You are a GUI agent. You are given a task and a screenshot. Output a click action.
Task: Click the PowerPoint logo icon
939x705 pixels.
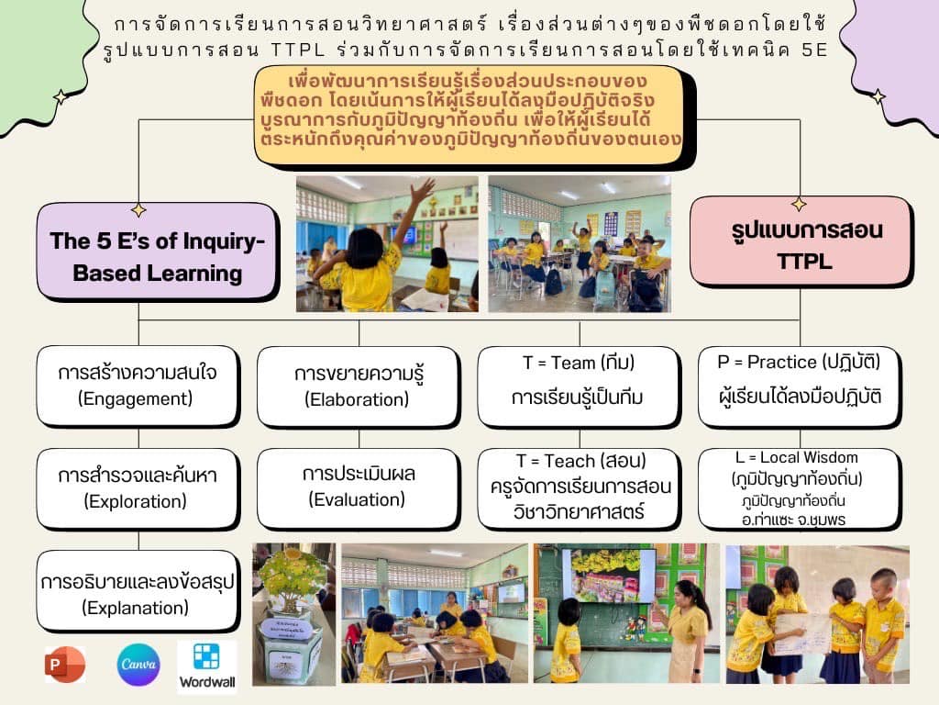pyautogui.click(x=65, y=665)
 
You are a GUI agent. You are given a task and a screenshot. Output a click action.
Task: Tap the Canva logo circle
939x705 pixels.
pyautogui.click(x=138, y=665)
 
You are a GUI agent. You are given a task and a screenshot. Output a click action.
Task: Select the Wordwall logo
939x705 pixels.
pyautogui.click(x=206, y=666)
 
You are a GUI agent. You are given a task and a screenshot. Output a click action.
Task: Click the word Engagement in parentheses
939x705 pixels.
pyautogui.click(x=136, y=398)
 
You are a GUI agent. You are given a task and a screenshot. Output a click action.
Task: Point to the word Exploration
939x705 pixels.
pyautogui.click(x=136, y=501)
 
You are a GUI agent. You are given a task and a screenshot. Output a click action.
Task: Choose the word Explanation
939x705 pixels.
pyautogui.click(x=136, y=608)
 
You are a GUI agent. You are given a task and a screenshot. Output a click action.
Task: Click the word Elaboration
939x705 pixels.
pyautogui.click(x=357, y=399)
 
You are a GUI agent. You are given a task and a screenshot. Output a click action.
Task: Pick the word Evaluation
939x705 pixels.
pyautogui.click(x=357, y=499)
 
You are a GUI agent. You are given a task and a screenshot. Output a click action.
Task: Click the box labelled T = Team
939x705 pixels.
pyautogui.click(x=579, y=386)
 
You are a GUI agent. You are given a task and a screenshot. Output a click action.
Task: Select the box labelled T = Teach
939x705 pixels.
pyautogui.click(x=579, y=488)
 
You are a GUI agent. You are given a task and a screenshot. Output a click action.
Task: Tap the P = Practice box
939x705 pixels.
pyautogui.click(x=800, y=386)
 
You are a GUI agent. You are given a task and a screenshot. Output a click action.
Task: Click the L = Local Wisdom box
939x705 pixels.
pyautogui.click(x=800, y=489)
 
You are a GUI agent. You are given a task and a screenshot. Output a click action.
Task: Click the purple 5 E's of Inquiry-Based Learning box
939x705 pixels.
pyautogui.click(x=158, y=252)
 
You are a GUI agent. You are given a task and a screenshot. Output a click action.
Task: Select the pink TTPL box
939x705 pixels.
pyautogui.click(x=801, y=242)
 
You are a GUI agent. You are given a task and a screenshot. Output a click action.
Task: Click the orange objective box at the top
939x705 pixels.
pyautogui.click(x=473, y=115)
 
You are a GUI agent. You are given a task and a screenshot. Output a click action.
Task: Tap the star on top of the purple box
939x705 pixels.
pyautogui.click(x=139, y=209)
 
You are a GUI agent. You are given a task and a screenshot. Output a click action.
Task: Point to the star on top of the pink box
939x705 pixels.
pyautogui.click(x=799, y=204)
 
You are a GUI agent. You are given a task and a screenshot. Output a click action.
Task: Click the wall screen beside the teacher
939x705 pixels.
pyautogui.click(x=607, y=576)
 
